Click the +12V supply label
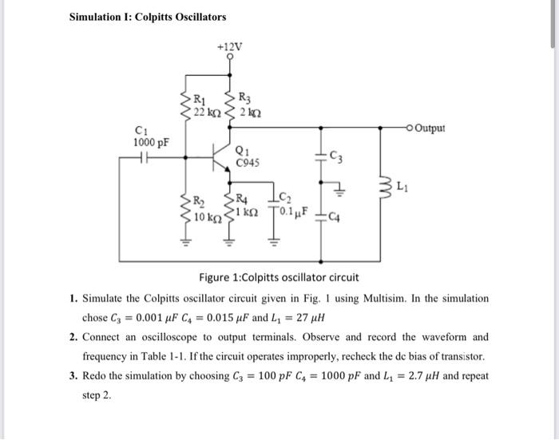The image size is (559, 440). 231,46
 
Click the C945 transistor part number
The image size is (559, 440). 249,163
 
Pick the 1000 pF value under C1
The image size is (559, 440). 151,144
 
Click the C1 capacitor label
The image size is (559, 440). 142,133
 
